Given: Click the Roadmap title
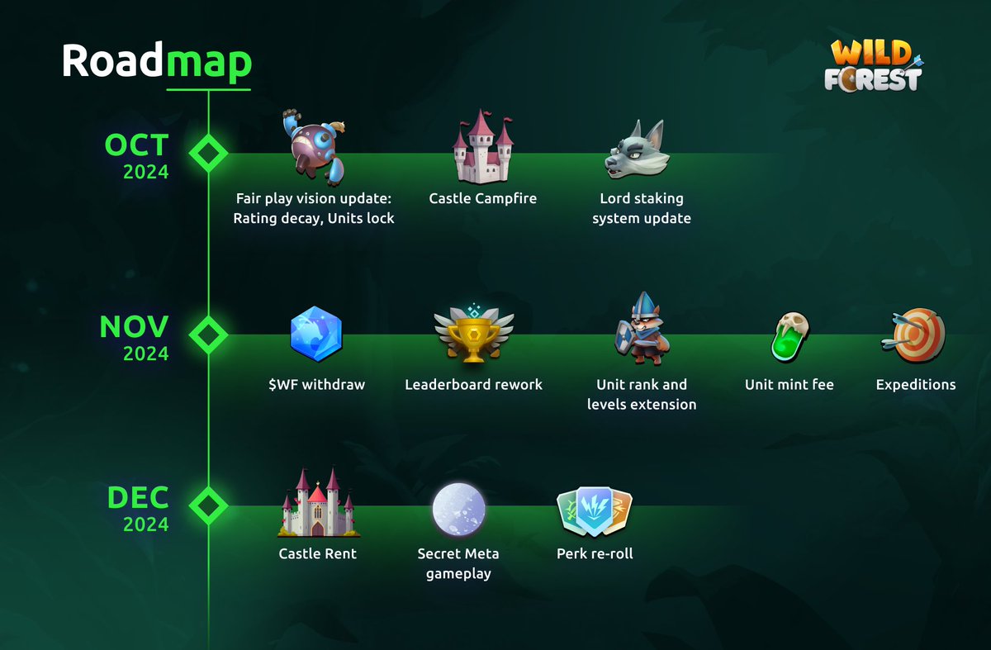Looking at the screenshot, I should coord(157,62).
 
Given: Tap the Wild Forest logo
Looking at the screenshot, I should coord(876,65).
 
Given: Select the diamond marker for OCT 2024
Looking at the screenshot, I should coord(208,153).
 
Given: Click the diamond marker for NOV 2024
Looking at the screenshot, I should coord(208,334).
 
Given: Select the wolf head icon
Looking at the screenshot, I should coord(636,149).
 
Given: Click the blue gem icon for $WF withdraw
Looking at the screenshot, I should coord(315,335).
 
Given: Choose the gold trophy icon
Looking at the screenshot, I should coord(473,335).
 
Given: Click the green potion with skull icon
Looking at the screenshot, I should coord(789,337).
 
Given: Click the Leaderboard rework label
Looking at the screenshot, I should coord(473,384).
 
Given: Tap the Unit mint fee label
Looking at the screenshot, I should coord(789,384).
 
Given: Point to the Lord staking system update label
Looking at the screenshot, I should coord(642,208).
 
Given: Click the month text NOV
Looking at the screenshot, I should coord(134,327).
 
